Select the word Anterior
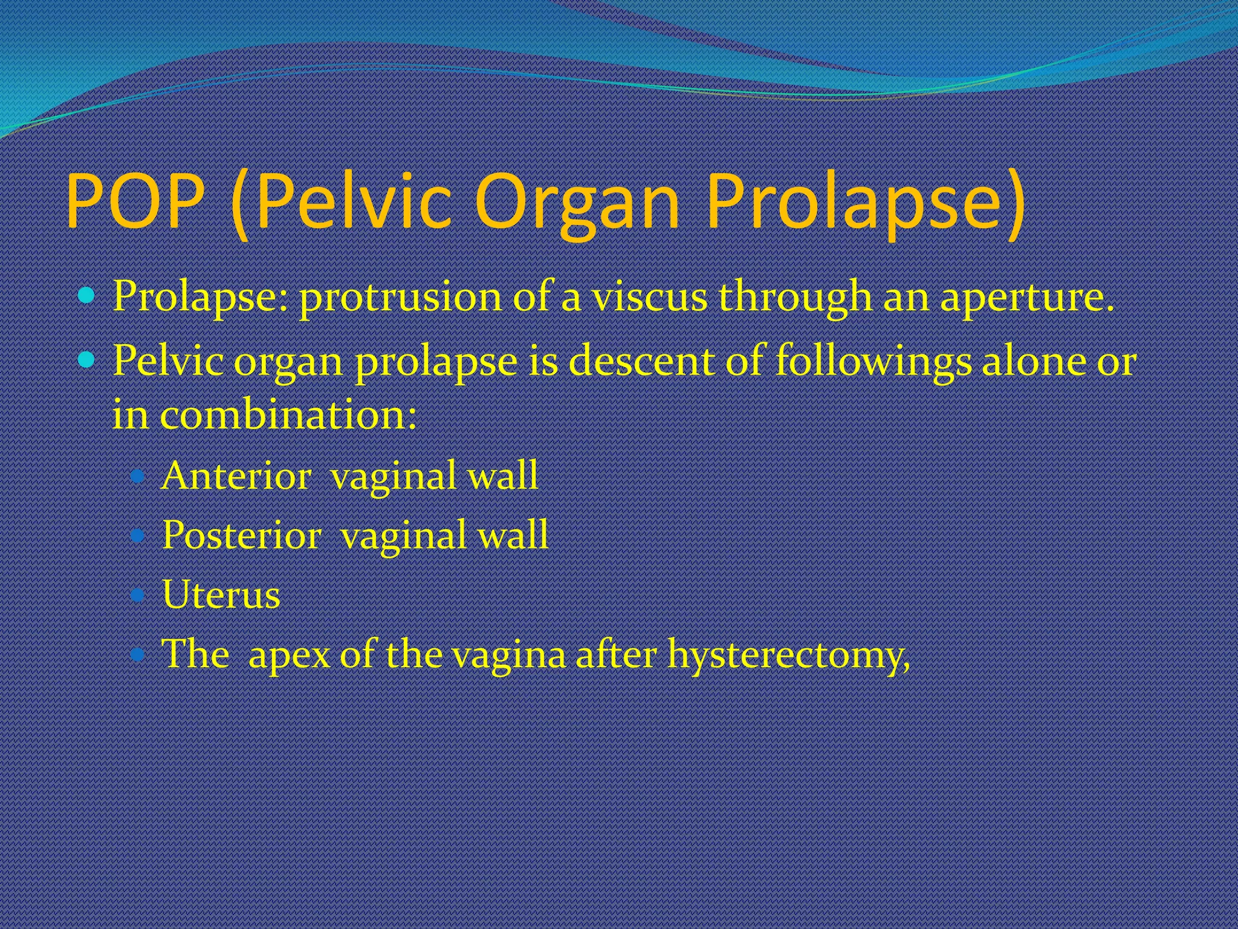[x=236, y=475]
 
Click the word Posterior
[x=241, y=535]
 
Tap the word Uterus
[x=221, y=595]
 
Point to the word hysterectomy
[x=788, y=654]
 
